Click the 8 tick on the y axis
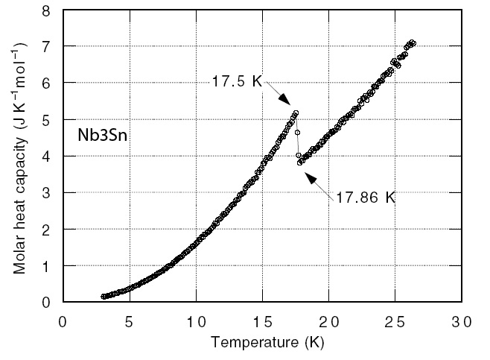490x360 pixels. tap(46, 11)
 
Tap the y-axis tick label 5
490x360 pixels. tap(46, 120)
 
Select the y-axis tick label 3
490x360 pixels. tap(46, 193)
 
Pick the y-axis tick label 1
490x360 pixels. tap(46, 266)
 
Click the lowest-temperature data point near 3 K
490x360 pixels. tap(104, 297)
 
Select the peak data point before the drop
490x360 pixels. tap(296, 113)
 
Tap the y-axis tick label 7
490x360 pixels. tap(46, 47)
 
